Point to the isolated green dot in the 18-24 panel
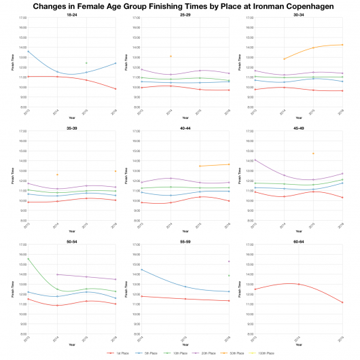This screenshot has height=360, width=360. (x=86, y=63)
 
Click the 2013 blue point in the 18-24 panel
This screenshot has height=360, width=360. (x=28, y=52)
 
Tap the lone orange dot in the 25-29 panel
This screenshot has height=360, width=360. (x=170, y=56)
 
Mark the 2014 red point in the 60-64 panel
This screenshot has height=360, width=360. (x=298, y=284)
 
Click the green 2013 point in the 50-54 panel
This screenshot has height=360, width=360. (x=28, y=259)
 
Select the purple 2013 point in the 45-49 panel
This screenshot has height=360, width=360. (x=254, y=160)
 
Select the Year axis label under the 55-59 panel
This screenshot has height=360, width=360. (x=185, y=344)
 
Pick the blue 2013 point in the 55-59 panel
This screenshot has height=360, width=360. (x=141, y=270)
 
